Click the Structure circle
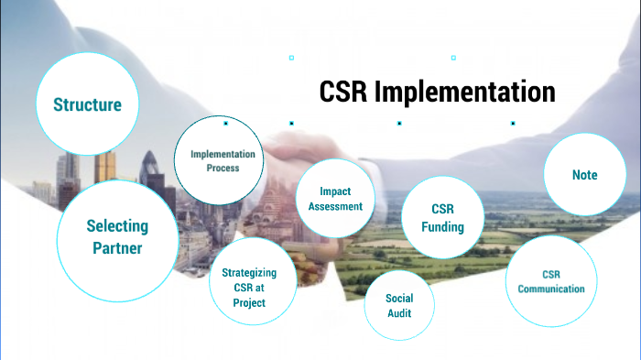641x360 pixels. pyautogui.click(x=87, y=104)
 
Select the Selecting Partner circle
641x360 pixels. pyautogui.click(x=116, y=237)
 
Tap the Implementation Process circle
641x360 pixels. pyautogui.click(x=222, y=161)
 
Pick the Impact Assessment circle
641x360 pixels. pyautogui.click(x=335, y=199)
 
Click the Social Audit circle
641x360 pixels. pyautogui.click(x=399, y=305)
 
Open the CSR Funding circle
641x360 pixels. pyautogui.click(x=442, y=218)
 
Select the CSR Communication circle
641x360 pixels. pyautogui.click(x=550, y=281)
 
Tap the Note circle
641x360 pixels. pyautogui.click(x=584, y=175)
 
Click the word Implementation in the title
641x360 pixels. pyautogui.click(x=465, y=93)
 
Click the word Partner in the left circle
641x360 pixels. pyautogui.click(x=117, y=248)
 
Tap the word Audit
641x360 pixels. pyautogui.click(x=399, y=313)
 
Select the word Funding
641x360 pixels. pyautogui.click(x=442, y=227)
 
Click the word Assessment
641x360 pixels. pyautogui.click(x=335, y=206)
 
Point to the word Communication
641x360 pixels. pyautogui.click(x=550, y=289)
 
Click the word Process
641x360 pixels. pyautogui.click(x=223, y=169)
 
